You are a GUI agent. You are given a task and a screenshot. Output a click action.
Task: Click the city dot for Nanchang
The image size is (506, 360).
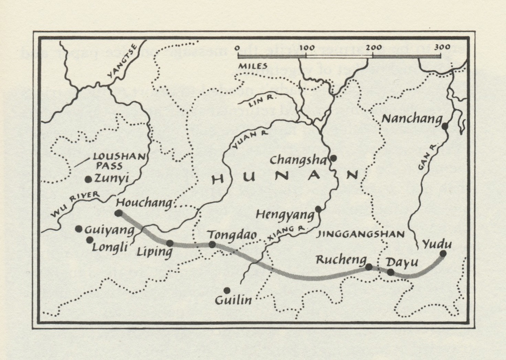(445, 126)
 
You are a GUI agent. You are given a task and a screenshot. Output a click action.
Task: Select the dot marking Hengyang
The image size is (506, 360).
(318, 209)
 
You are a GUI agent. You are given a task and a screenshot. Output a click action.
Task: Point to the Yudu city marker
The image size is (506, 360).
(443, 253)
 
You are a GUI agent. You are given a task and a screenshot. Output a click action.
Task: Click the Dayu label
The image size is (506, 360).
(402, 262)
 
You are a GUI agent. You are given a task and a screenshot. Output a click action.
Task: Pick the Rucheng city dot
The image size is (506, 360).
(369, 267)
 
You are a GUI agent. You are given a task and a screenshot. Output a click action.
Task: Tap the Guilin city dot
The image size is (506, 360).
(227, 290)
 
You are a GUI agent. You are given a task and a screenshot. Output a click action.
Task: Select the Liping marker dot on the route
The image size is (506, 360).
(170, 243)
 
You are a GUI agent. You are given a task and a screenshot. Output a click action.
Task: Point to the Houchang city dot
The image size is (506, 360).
(119, 213)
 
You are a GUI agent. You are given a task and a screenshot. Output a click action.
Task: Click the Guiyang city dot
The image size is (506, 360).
(78, 229)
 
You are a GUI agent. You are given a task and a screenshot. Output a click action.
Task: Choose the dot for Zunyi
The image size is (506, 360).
(88, 179)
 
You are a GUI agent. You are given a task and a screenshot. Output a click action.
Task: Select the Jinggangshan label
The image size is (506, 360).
(360, 234)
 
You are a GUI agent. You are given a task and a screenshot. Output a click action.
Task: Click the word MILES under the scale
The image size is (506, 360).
(253, 66)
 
